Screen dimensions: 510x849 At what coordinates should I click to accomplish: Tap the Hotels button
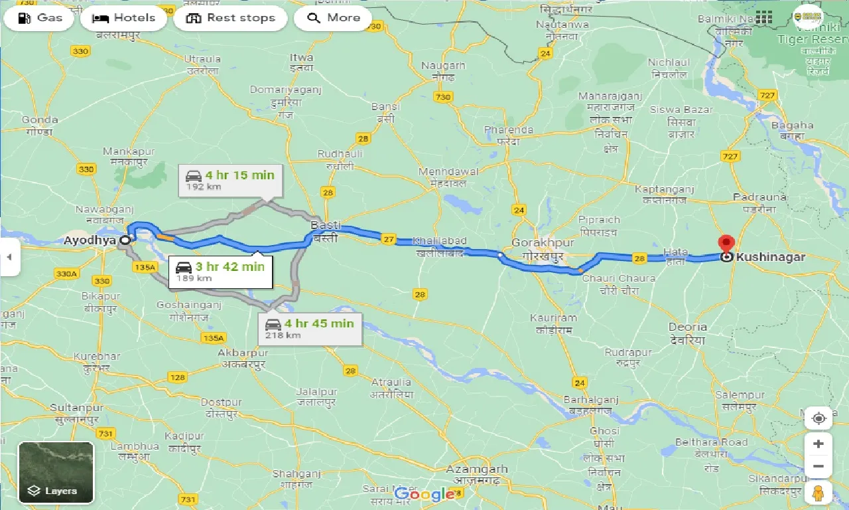[x=124, y=18]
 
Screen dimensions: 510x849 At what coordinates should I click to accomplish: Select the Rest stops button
[x=230, y=18]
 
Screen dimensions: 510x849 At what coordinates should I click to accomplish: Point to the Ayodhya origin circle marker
[x=125, y=240]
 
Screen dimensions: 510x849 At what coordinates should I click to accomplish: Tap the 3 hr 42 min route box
[x=220, y=271]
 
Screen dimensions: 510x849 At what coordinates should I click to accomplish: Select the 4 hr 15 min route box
[x=230, y=180]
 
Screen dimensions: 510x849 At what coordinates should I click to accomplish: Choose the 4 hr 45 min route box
[x=310, y=328]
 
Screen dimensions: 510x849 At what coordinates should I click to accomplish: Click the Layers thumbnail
[x=56, y=472]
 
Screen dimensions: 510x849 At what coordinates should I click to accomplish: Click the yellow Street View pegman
[x=818, y=493]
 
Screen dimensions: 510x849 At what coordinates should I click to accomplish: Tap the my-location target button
[x=818, y=418]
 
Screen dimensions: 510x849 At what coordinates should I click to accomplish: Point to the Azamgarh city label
[x=477, y=469]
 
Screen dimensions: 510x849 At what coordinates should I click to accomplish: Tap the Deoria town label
[x=687, y=327]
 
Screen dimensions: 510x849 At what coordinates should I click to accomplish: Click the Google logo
[x=424, y=494]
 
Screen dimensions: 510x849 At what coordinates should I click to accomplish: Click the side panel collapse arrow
[x=9, y=256]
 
